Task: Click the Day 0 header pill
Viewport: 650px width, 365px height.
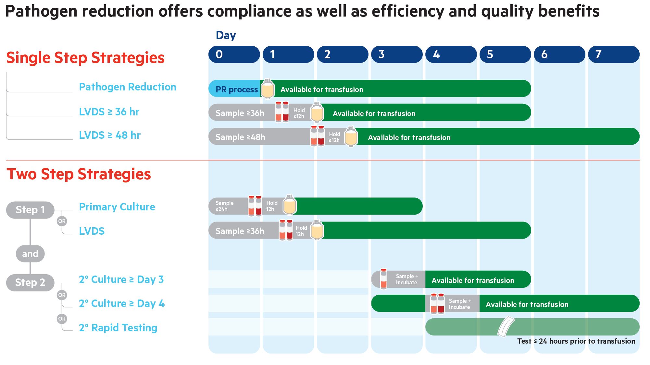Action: coord(234,54)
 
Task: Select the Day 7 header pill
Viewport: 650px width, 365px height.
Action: coord(614,54)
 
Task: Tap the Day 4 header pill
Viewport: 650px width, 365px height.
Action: coord(451,54)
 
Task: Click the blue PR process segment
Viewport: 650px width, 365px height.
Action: coord(234,89)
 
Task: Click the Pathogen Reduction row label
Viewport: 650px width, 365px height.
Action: coord(128,87)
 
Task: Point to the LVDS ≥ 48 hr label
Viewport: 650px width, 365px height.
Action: coord(110,135)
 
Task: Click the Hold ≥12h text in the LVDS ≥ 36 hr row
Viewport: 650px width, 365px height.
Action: coord(299,113)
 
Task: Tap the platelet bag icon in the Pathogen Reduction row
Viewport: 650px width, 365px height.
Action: coord(268,89)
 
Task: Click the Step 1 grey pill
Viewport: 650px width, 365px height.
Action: coord(30,210)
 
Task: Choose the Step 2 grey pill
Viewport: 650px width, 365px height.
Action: coord(30,282)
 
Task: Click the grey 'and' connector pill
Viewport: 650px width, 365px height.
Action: coord(30,254)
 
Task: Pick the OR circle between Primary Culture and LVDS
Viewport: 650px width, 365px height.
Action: coord(62,221)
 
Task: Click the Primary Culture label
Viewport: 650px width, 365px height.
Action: coord(117,207)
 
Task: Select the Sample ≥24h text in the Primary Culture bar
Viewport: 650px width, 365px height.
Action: coord(224,206)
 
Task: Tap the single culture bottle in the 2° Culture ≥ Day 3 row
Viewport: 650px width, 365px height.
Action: coord(383,279)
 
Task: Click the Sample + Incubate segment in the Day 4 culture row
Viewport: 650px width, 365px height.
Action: coord(459,304)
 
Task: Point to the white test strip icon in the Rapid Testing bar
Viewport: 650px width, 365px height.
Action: coord(506,327)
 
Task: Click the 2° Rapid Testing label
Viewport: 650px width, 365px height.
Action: coord(118,328)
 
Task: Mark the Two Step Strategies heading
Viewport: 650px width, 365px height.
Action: coord(79,174)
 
